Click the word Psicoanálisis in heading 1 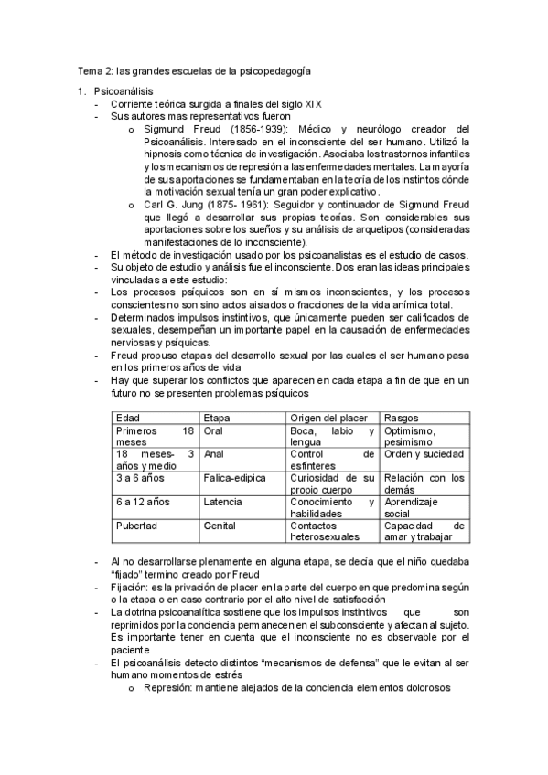pos(124,91)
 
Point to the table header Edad pos(129,417)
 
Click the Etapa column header pos(218,417)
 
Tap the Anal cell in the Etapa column pos(214,454)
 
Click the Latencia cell pos(223,502)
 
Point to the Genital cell pos(220,526)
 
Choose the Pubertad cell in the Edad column pos(137,526)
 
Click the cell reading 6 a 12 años pos(144,502)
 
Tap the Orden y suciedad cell pos(424,454)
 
